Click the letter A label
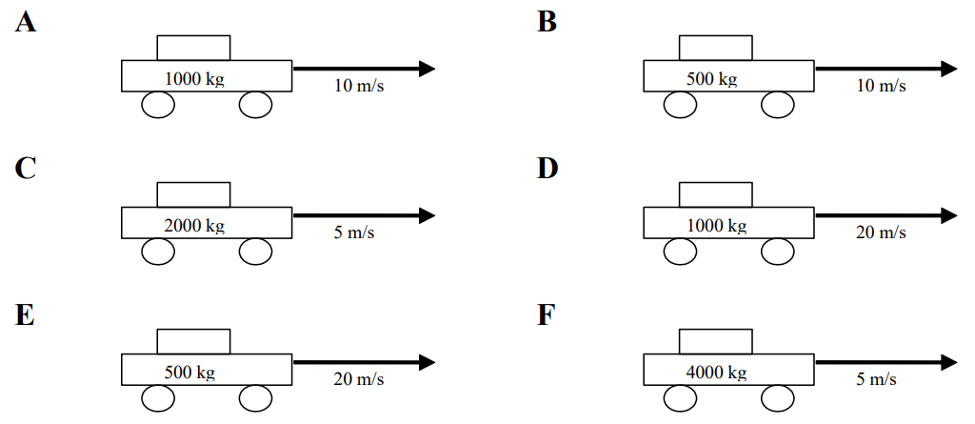[x=26, y=21]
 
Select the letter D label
[x=547, y=168]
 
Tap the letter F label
[x=546, y=314]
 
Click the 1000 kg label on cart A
[x=194, y=78]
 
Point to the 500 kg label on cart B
[x=711, y=78]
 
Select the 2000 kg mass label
[x=194, y=226]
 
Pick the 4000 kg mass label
[x=717, y=373]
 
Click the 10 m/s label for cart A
[x=359, y=86]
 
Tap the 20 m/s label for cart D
[x=881, y=232]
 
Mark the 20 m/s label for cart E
[x=359, y=379]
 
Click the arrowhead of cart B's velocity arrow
[x=948, y=69]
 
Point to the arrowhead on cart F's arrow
[x=948, y=362]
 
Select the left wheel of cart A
[x=158, y=105]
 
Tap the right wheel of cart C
[x=255, y=252]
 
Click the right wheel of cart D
[x=777, y=252]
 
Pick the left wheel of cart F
[x=680, y=398]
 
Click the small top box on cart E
[x=193, y=341]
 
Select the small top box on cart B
[x=715, y=48]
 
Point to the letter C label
[x=26, y=168]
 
